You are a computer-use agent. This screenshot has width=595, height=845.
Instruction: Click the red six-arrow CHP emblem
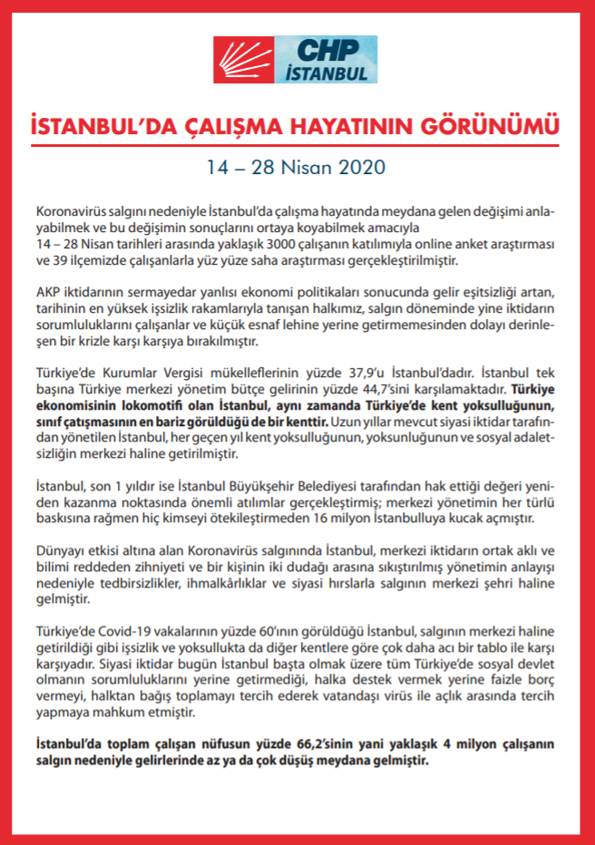243,60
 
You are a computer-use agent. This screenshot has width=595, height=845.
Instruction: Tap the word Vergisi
200,373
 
